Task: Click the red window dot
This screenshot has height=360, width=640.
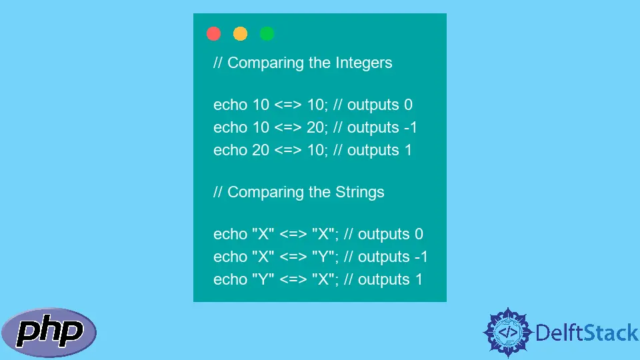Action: click(x=213, y=33)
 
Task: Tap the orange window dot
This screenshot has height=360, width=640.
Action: click(x=240, y=33)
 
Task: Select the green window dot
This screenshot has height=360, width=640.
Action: click(x=267, y=33)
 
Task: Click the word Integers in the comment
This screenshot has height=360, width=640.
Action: click(x=364, y=63)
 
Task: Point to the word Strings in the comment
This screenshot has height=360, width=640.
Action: click(x=359, y=192)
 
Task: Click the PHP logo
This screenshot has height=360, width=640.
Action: click(x=49, y=333)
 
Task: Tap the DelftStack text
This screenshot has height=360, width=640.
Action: click(x=587, y=333)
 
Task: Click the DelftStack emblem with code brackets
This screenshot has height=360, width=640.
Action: click(x=508, y=332)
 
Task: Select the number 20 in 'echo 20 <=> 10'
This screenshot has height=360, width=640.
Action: click(x=261, y=150)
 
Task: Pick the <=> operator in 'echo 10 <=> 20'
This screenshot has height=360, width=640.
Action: click(x=288, y=128)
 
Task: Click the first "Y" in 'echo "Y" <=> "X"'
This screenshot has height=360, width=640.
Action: click(x=263, y=279)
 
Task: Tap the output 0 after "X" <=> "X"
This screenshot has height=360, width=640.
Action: click(x=419, y=234)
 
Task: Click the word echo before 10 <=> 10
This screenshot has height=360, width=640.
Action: click(x=230, y=105)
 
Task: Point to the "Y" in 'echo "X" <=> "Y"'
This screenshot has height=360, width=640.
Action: click(x=323, y=257)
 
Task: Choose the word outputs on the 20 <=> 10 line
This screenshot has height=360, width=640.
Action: click(x=373, y=151)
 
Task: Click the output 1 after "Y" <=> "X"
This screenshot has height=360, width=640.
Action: click(x=419, y=279)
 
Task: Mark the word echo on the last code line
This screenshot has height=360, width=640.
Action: click(x=230, y=279)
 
